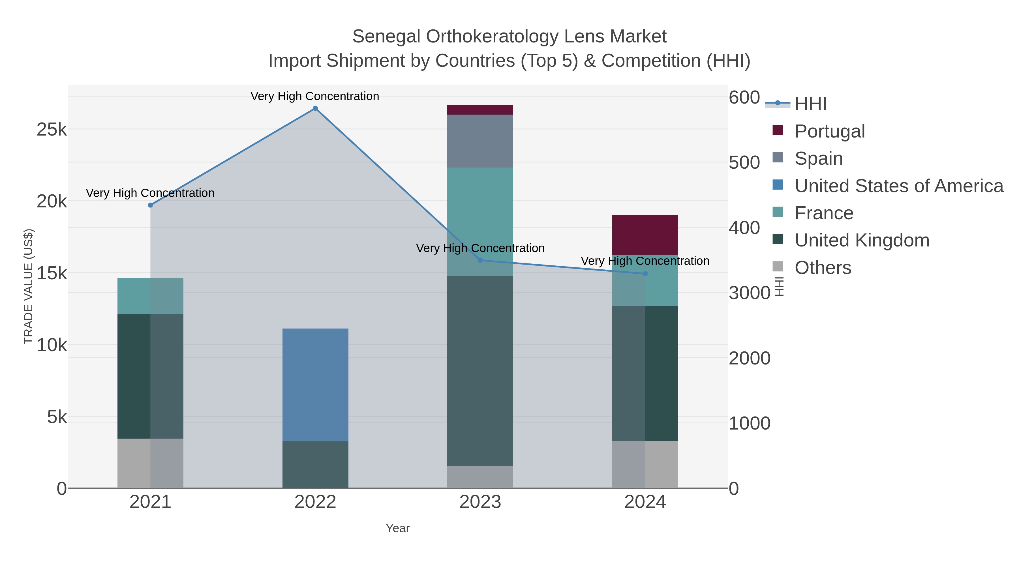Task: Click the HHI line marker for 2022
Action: [x=315, y=108]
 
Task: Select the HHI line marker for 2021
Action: [x=150, y=205]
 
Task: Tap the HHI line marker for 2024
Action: [x=645, y=274]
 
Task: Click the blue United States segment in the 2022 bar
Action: [x=315, y=384]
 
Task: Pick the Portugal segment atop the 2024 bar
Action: [x=645, y=235]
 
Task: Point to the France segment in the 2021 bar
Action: [x=150, y=296]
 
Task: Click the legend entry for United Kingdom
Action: [x=862, y=241]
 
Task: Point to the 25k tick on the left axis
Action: [x=52, y=130]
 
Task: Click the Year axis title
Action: [x=398, y=528]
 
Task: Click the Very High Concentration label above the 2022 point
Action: [x=315, y=96]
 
